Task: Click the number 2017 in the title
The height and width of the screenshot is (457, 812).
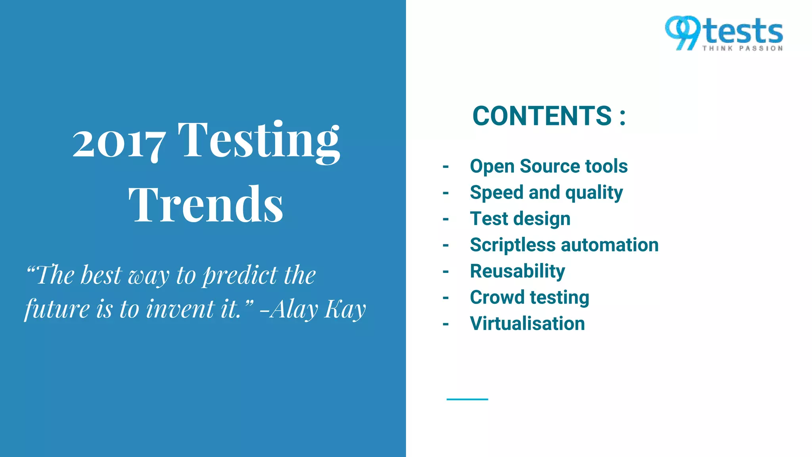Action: pyautogui.click(x=119, y=144)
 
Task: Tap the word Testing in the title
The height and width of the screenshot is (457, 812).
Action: pyautogui.click(x=259, y=141)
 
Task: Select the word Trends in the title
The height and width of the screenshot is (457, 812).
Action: pyautogui.click(x=206, y=205)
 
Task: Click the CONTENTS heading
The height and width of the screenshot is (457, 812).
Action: pyautogui.click(x=542, y=116)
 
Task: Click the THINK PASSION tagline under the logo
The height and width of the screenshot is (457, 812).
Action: pyautogui.click(x=743, y=48)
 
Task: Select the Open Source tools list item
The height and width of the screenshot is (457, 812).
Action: pyautogui.click(x=548, y=166)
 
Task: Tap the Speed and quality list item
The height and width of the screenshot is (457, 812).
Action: pyautogui.click(x=546, y=193)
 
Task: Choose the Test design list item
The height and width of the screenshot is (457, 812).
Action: pyautogui.click(x=520, y=219)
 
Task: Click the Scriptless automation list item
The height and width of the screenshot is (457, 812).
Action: pyautogui.click(x=564, y=245)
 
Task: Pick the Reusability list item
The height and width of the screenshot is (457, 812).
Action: pyautogui.click(x=517, y=271)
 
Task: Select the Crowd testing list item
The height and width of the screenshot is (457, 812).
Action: pyautogui.click(x=529, y=298)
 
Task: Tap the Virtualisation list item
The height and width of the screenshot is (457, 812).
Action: pyautogui.click(x=527, y=324)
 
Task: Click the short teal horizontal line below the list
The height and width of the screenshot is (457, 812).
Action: pyautogui.click(x=467, y=399)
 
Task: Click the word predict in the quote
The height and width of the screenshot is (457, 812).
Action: pyautogui.click(x=240, y=275)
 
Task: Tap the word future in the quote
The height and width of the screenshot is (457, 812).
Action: pyautogui.click(x=57, y=309)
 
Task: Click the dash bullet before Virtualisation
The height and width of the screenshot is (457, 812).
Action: pyautogui.click(x=446, y=325)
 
